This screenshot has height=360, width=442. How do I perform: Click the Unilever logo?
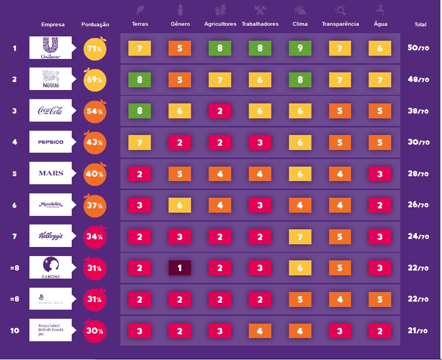[50, 48]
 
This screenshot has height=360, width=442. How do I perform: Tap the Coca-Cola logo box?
[50, 110]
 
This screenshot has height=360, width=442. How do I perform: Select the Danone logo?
[50, 267]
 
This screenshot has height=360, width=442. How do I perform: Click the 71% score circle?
[95, 49]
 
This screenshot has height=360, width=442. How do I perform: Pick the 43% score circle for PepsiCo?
[95, 142]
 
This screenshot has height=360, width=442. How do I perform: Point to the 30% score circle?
[95, 331]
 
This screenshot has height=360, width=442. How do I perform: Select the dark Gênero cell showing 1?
[180, 268]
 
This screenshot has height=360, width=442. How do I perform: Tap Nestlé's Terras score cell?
[140, 80]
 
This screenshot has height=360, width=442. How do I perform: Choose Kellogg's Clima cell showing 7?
[300, 236]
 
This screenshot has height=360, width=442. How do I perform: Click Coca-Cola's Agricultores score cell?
[220, 111]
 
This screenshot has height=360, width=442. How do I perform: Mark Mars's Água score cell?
[379, 174]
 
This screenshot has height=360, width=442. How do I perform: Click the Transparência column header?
[340, 24]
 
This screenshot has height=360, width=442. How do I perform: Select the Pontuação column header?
[95, 25]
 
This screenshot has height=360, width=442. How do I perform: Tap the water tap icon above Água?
[380, 10]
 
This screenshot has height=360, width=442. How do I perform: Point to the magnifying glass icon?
[340, 10]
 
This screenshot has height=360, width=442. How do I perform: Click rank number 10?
[14, 331]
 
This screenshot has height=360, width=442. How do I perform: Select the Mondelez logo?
[50, 205]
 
